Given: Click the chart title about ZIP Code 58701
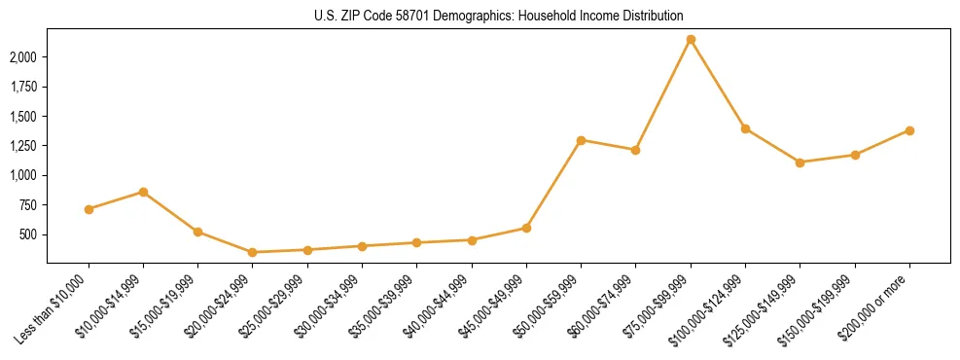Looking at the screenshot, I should click(498, 17).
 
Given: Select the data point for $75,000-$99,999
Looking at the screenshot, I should click(691, 40).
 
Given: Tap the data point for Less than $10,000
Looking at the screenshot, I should click(89, 209).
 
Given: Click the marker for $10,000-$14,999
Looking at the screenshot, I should click(143, 192).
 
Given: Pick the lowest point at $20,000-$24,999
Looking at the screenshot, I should click(253, 252).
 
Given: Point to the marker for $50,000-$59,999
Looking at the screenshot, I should click(581, 140).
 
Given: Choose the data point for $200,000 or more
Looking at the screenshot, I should click(909, 130).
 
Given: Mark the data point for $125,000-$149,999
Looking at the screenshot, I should click(800, 162).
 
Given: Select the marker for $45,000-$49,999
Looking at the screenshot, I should click(526, 228).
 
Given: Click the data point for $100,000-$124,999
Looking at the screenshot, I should click(745, 128).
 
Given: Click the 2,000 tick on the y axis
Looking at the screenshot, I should click(23, 57).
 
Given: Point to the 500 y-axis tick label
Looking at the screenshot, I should click(28, 234).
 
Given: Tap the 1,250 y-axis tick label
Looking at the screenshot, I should click(23, 146).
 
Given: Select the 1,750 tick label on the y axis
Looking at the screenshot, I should click(23, 87).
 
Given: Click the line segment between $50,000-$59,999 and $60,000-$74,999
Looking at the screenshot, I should click(608, 145).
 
